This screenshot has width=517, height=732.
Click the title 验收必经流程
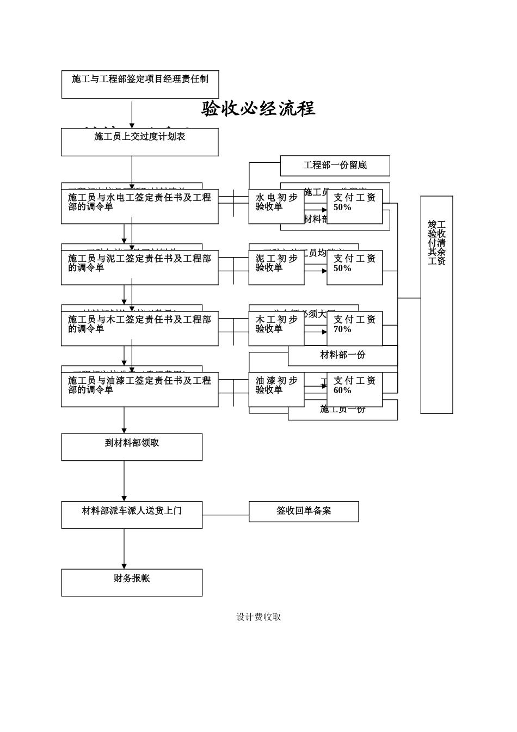pyautogui.click(x=258, y=109)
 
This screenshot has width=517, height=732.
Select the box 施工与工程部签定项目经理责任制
pyautogui.click(x=140, y=84)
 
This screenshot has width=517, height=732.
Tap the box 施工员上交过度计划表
pyautogui.click(x=140, y=142)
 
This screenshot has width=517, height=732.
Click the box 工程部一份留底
pyautogui.click(x=335, y=166)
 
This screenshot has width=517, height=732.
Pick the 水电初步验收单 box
pyautogui.click(x=276, y=206)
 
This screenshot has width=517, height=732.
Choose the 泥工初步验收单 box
pyautogui.click(x=276, y=267)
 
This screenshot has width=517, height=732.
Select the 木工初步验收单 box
pyautogui.click(x=276, y=328)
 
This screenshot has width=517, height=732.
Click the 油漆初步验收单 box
pyautogui.click(x=276, y=389)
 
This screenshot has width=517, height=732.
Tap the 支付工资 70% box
pyautogui.click(x=354, y=328)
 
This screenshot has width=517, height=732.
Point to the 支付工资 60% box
pyautogui.click(x=354, y=389)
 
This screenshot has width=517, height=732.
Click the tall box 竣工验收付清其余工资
pyautogui.click(x=436, y=304)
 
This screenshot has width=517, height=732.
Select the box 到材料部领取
pyautogui.click(x=132, y=447)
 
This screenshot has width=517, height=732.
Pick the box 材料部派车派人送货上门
pyautogui.click(x=132, y=515)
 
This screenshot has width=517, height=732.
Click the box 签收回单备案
pyautogui.click(x=304, y=511)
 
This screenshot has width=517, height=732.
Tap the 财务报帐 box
pyautogui.click(x=132, y=582)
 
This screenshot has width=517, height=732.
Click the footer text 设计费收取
pyautogui.click(x=258, y=617)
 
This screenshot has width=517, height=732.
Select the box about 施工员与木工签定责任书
pyautogui.click(x=139, y=328)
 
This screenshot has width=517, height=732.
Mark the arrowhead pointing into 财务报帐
pyautogui.click(x=124, y=566)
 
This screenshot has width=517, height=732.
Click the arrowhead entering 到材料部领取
pyautogui.click(x=124, y=431)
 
